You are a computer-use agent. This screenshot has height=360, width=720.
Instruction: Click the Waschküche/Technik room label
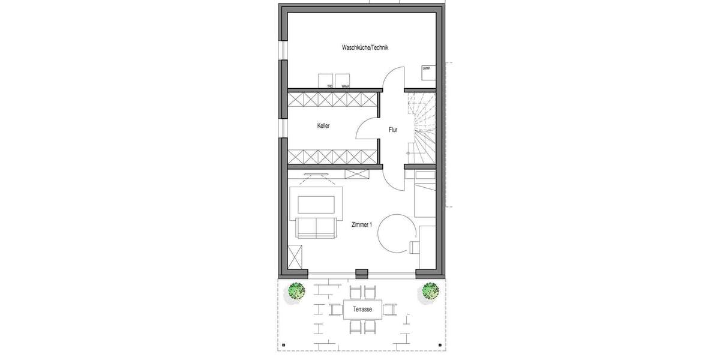365,48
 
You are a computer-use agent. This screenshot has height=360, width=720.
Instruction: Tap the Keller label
324,126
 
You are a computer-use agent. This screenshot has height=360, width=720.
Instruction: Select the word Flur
393,129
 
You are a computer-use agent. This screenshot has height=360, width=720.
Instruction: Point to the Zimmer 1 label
362,224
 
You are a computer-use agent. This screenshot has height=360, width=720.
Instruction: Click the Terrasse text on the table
363,310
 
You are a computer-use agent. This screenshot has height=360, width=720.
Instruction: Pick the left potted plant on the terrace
296,291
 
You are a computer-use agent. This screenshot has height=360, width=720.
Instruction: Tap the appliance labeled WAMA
342,82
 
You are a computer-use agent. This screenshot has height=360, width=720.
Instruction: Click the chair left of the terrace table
335,310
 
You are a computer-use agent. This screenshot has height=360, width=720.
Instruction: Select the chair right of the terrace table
390,310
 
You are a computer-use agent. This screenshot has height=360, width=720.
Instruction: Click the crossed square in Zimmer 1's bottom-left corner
296,257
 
